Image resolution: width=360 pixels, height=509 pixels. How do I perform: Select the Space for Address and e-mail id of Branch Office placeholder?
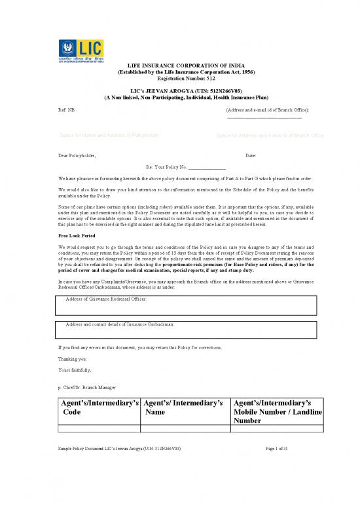click(270, 136)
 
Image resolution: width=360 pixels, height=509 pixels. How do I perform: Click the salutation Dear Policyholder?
click(77, 155)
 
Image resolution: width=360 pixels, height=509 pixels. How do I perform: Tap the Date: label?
click(251, 155)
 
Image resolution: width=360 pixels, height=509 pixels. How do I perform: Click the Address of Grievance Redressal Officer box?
click(188, 305)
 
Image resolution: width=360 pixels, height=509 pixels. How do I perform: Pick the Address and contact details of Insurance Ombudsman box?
click(188, 328)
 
